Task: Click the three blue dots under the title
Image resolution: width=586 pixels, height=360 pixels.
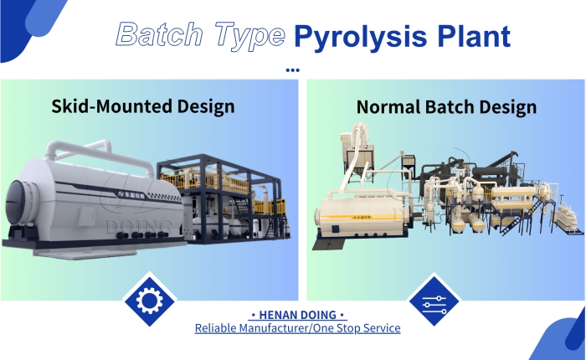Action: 292,70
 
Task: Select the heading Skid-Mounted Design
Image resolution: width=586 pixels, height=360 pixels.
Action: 143,106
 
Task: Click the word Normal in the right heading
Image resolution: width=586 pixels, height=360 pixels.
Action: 388,107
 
